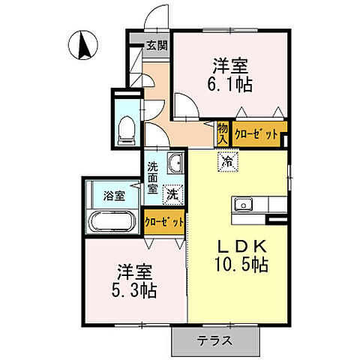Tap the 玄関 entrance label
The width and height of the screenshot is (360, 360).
pos(157,44)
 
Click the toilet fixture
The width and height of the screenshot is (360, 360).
pos(127,128)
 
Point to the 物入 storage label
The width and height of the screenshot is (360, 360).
pos(223,133)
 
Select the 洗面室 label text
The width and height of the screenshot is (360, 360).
pos(153,178)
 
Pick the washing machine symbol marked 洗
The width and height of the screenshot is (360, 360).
pos(172,192)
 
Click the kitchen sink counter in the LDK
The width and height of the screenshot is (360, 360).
pos(259,204)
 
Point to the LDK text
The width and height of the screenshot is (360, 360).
pos(238,246)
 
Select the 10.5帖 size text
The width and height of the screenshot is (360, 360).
pos(238,265)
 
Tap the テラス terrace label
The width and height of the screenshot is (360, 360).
pos(214,340)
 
